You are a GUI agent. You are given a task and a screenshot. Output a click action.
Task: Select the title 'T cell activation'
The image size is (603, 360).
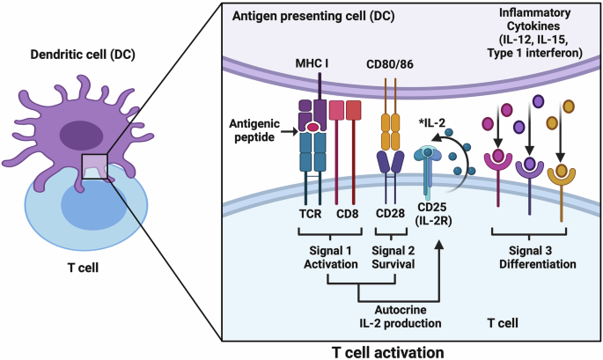388,349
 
